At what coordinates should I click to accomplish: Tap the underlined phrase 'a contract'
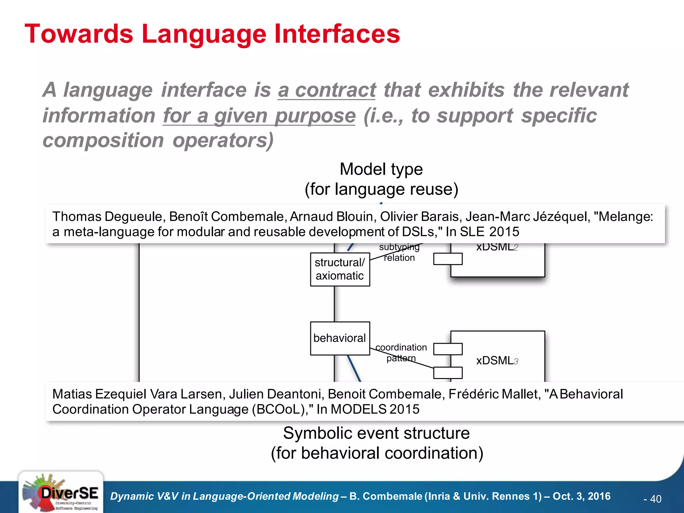[x=327, y=90]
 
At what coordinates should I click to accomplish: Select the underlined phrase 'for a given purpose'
[x=259, y=116]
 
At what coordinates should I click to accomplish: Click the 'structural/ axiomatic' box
[x=340, y=270]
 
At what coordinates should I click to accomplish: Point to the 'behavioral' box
[x=340, y=338]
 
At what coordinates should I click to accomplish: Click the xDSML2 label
[x=497, y=247]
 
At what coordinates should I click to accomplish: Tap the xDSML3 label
[x=497, y=361]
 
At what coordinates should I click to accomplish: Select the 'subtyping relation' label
[x=399, y=252]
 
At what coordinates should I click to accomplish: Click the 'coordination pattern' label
[x=401, y=353]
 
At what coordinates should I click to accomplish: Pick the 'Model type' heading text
[x=381, y=169]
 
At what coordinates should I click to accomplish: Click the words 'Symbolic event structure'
[x=376, y=433]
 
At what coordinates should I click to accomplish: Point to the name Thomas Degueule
[x=107, y=217]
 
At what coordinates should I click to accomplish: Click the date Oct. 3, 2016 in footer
[x=581, y=496]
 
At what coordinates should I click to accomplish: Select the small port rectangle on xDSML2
[x=448, y=259]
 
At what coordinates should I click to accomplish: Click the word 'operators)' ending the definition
[x=223, y=141]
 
